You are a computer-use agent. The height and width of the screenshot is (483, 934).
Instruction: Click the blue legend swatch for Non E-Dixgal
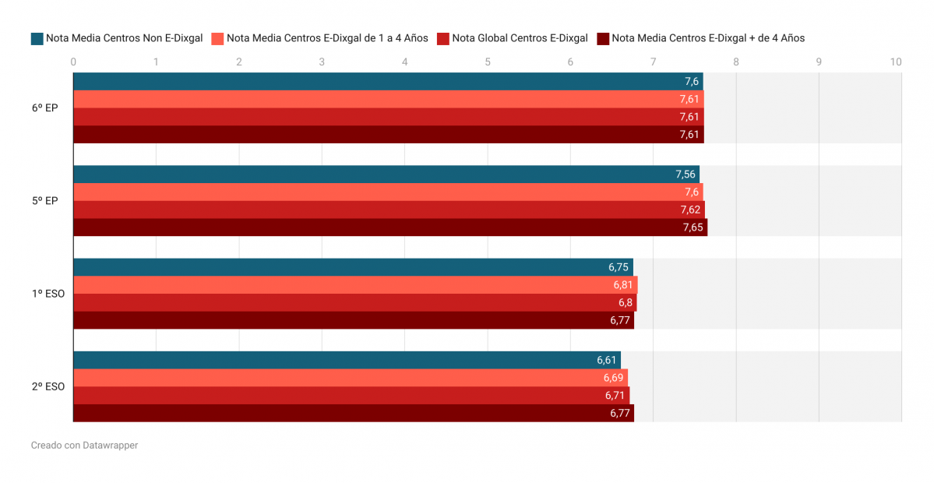coord(37,38)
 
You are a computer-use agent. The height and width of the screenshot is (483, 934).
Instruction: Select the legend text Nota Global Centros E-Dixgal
coord(520,38)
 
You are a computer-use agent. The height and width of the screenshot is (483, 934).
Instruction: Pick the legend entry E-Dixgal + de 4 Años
coord(708,38)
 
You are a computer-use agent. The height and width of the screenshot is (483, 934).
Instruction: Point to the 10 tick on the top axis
coord(896,62)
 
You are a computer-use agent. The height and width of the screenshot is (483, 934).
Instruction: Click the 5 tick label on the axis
coord(488,62)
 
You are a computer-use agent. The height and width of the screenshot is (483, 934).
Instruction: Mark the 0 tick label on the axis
coord(73,62)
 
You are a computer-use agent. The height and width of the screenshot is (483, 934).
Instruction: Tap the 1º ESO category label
coord(48,294)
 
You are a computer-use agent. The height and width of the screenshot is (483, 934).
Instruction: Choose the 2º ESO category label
coord(48,386)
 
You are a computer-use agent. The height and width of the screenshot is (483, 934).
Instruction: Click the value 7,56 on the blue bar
coord(686,175)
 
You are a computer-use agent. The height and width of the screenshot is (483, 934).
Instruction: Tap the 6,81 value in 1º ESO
coord(623,285)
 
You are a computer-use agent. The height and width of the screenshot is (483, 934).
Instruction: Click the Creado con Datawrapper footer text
coord(84,446)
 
